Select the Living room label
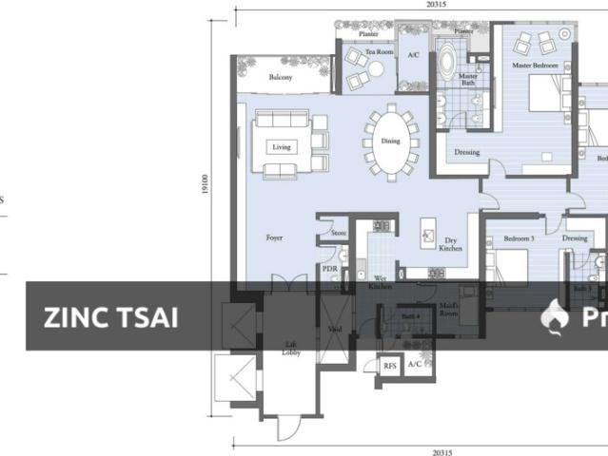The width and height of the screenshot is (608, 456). [x=281, y=147]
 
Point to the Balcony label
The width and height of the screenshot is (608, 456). [x=280, y=77]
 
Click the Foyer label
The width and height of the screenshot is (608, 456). [x=274, y=237]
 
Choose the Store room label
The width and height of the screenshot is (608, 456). [x=339, y=233]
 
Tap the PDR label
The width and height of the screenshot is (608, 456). [x=330, y=269]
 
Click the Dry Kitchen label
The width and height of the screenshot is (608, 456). [x=452, y=245]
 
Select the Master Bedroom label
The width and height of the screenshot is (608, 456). [x=534, y=66]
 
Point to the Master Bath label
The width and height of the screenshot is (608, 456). [x=468, y=80]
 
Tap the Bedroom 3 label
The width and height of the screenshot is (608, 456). [x=519, y=237]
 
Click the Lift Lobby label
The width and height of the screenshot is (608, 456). [x=291, y=349]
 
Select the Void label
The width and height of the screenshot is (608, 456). [x=335, y=329]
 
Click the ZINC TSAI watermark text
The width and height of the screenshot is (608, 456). [x=110, y=317]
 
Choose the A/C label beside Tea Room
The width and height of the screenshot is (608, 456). [x=413, y=56]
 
